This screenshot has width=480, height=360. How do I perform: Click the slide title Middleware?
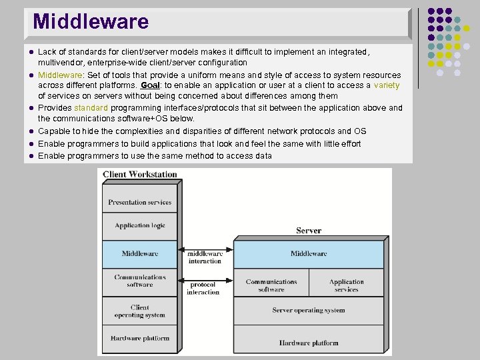click(91, 22)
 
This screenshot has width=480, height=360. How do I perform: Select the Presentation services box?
click(139, 202)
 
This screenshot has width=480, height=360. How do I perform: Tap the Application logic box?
click(139, 225)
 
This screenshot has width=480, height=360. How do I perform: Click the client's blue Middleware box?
click(139, 254)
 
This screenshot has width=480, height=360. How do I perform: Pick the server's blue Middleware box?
click(309, 254)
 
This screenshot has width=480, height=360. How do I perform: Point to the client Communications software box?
click(139, 281)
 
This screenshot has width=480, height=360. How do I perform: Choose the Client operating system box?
click(139, 311)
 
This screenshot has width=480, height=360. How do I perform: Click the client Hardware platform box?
click(139, 338)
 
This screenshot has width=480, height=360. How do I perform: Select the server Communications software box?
click(271, 285)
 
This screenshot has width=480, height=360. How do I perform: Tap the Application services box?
click(347, 285)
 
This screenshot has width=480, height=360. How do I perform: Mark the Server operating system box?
click(309, 310)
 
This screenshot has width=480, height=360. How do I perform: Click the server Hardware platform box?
click(309, 343)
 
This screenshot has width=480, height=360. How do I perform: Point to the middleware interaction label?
click(205, 257)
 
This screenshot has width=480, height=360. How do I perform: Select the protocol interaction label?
click(203, 288)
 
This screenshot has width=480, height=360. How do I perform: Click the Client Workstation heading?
click(140, 175)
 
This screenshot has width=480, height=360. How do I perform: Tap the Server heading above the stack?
click(309, 231)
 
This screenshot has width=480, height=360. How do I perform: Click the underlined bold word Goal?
click(150, 85)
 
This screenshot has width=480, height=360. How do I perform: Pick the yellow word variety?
click(387, 85)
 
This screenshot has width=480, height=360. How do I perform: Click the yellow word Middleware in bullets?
click(59, 75)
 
